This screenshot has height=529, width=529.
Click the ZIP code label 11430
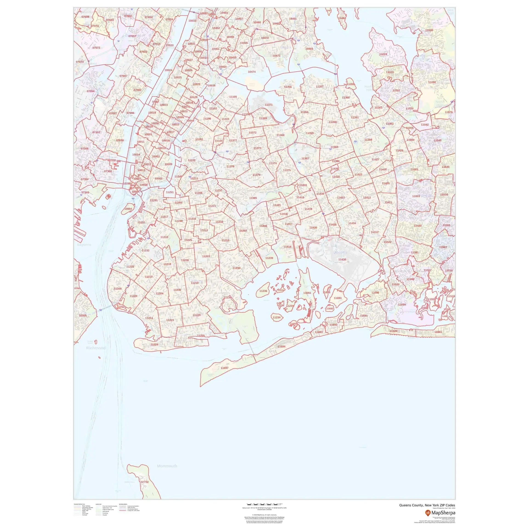pyautogui.click(x=342, y=259)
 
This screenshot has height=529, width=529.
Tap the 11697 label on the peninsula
pyautogui.click(x=225, y=368)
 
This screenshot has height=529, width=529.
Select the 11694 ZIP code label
pyautogui.click(x=281, y=347)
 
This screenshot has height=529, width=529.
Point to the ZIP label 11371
pyautogui.click(x=269, y=105)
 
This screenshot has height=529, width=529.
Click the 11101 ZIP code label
pyautogui.click(x=199, y=139)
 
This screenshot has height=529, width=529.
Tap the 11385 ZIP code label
pyautogui.click(x=253, y=198)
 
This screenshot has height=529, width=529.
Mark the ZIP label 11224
pyautogui.click(x=154, y=344)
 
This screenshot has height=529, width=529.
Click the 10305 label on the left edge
pyautogui.click(x=83, y=315)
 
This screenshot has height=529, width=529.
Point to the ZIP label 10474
pyautogui.click(x=252, y=72)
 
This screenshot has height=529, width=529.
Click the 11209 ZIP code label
pyautogui.click(x=118, y=289)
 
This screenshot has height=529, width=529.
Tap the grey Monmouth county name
pyautogui.click(x=167, y=466)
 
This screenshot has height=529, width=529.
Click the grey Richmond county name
pyautogui.click(x=96, y=348)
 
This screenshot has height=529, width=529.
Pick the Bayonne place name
pyautogui.click(x=84, y=245)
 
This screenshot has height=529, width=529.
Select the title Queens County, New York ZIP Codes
pyautogui.click(x=427, y=505)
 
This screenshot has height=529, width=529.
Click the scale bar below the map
pyautogui.click(x=264, y=504)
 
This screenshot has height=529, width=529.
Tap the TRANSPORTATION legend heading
pyautogui.click(x=79, y=504)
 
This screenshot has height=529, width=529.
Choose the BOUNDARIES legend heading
pyautogui.click(x=123, y=504)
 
